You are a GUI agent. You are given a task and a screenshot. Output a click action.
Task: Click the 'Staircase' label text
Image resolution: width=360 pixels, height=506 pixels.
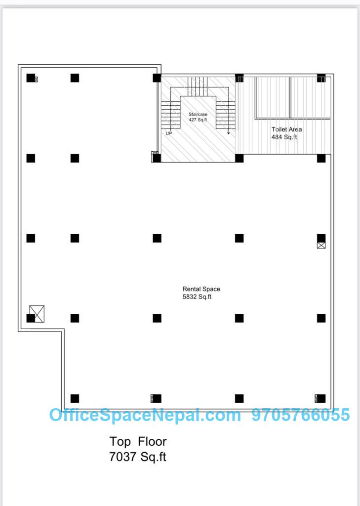pyautogui.click(x=198, y=114)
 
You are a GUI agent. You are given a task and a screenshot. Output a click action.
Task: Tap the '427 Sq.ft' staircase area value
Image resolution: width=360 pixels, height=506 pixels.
pyautogui.click(x=198, y=120)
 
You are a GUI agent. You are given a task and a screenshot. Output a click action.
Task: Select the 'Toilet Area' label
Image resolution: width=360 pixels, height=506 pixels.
pyautogui.click(x=286, y=129)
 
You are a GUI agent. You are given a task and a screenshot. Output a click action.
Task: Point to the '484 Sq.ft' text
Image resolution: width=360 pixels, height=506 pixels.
pyautogui.click(x=284, y=137)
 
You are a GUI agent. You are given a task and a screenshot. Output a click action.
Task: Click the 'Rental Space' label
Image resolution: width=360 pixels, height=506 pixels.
pyautogui.click(x=201, y=289)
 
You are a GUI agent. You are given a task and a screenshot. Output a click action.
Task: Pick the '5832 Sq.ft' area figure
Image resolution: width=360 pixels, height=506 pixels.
pyautogui.click(x=197, y=297)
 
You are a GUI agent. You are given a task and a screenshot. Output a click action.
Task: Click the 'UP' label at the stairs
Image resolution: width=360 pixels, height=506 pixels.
pyautogui.click(x=169, y=133)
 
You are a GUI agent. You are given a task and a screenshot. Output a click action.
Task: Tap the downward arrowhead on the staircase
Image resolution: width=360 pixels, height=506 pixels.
pyautogui.click(x=228, y=132)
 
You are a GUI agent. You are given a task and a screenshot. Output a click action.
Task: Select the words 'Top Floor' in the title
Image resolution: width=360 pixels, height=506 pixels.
pyautogui.click(x=138, y=441)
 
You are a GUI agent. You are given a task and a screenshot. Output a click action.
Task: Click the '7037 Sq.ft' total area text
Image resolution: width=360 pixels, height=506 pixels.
pyautogui.click(x=138, y=457)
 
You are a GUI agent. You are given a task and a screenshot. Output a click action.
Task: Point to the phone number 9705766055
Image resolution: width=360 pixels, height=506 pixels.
pyautogui.click(x=301, y=415)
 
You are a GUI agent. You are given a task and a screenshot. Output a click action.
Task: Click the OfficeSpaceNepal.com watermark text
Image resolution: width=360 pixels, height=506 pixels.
pyautogui.click(x=145, y=415)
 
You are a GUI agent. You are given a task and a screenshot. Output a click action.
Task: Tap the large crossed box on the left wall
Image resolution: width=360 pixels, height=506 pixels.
pyautogui.click(x=37, y=314)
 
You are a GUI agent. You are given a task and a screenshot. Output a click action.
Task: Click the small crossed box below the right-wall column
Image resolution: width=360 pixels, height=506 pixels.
pyautogui.click(x=321, y=245)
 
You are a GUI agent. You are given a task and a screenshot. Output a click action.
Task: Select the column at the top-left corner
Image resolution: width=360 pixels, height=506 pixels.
pyautogui.click(x=31, y=78)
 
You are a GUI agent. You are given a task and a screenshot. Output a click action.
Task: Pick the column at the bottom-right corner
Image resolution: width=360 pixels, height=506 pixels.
pyautogui.click(x=321, y=399)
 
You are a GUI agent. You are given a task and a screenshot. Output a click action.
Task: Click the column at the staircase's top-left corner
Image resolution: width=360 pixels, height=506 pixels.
pyautogui.click(x=157, y=78)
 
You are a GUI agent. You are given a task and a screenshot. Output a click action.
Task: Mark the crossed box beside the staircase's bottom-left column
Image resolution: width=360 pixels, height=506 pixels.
pyautogui.click(x=155, y=154)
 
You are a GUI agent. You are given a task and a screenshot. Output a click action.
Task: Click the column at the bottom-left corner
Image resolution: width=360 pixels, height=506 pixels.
pyautogui.click(x=75, y=399)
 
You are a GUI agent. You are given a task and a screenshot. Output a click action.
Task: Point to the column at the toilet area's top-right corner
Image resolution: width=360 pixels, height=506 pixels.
pyautogui.click(x=321, y=78)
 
